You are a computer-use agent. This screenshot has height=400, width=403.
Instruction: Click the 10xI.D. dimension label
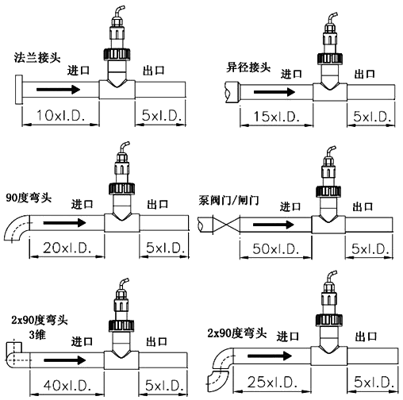(x=63, y=116)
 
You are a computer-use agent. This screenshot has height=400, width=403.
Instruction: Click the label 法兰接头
(x=36, y=57)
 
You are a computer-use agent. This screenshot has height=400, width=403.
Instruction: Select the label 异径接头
(x=247, y=67)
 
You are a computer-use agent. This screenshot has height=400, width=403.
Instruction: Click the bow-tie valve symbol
(x=225, y=225)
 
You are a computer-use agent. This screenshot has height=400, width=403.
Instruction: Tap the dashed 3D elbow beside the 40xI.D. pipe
(x=13, y=352)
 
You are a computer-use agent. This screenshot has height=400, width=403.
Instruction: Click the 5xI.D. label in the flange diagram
(x=160, y=116)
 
